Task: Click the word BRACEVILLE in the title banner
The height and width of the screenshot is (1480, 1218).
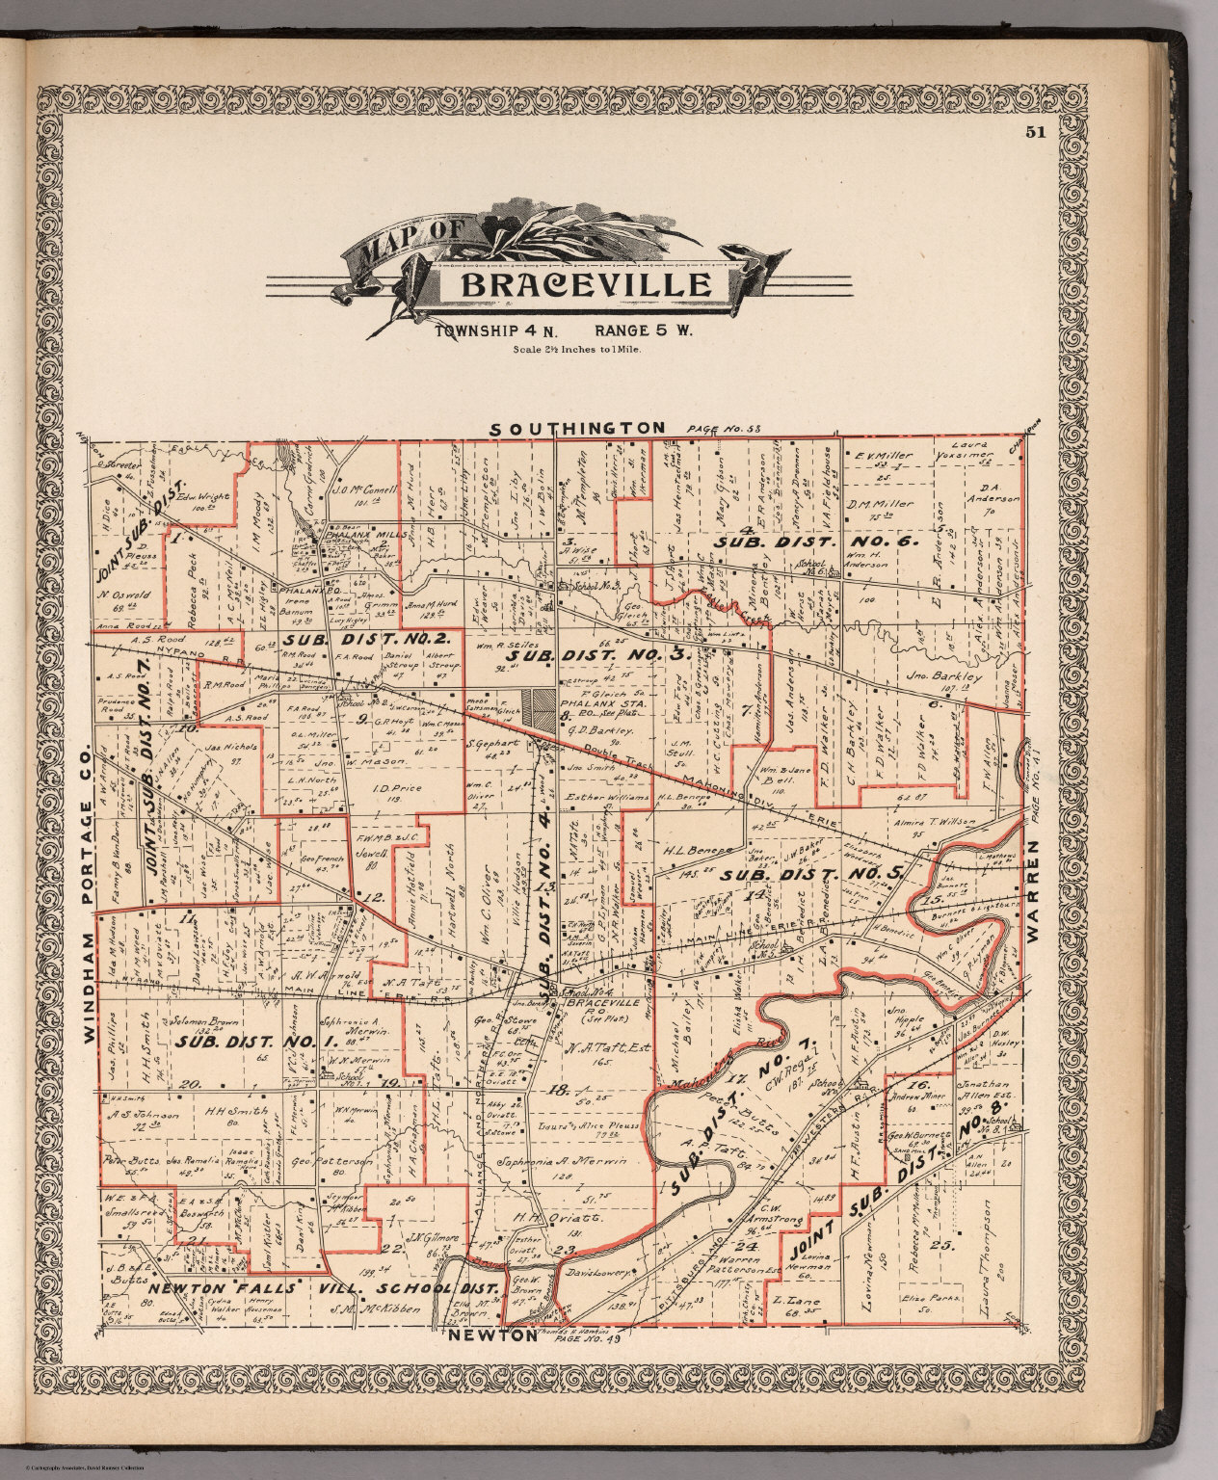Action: pyautogui.click(x=587, y=284)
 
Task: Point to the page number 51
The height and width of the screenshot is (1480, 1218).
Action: pyautogui.click(x=1036, y=133)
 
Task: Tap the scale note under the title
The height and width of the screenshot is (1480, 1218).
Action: pyautogui.click(x=578, y=351)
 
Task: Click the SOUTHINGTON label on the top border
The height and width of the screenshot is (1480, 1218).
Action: pyautogui.click(x=577, y=427)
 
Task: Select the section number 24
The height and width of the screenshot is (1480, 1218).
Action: pyautogui.click(x=753, y=1248)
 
